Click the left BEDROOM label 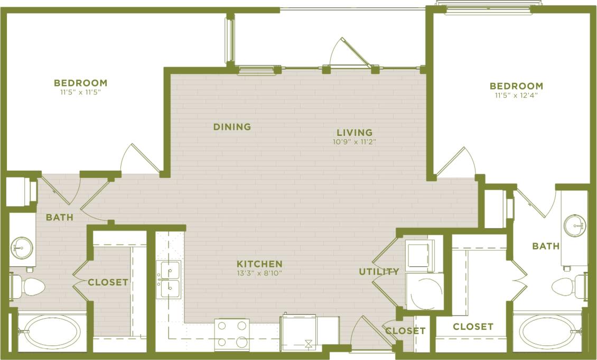80,83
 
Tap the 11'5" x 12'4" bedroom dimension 516,96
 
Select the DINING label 232,127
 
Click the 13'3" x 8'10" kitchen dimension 259,273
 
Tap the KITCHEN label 259,264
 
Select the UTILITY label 379,272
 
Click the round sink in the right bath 574,226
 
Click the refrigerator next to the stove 298,332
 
